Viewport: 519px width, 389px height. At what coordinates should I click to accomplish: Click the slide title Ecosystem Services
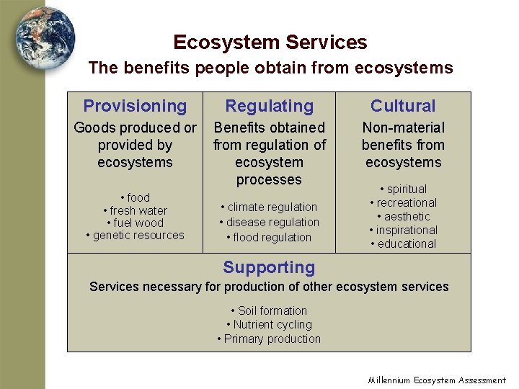270,43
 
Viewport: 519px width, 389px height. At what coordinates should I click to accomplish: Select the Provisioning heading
135,107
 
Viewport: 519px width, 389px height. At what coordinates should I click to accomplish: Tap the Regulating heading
269,107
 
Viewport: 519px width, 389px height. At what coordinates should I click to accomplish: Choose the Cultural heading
403,107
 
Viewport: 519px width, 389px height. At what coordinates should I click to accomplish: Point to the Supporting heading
269,268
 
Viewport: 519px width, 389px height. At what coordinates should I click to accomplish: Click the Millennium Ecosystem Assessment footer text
437,380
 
